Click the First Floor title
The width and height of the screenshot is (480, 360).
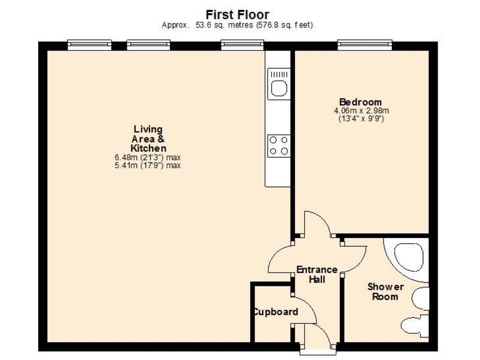coord(237,14)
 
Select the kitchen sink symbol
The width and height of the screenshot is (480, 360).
coord(278,84)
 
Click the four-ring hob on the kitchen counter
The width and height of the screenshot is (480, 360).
coord(278,146)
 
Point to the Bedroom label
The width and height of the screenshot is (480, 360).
coord(360,102)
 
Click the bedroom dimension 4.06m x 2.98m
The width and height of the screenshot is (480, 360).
coord(360,111)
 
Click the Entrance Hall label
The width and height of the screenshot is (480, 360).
coord(317,274)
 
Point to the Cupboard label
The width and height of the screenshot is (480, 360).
coord(275,312)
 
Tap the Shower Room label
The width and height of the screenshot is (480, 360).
coord(385,291)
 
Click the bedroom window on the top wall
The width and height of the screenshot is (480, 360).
coord(365,44)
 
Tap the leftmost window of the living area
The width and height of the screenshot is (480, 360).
coord(89,44)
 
